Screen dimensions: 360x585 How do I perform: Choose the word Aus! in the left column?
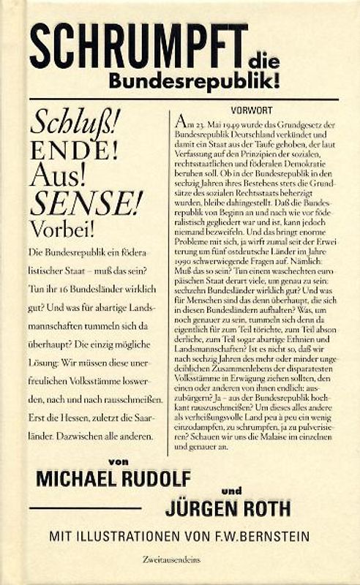coord(56,176)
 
